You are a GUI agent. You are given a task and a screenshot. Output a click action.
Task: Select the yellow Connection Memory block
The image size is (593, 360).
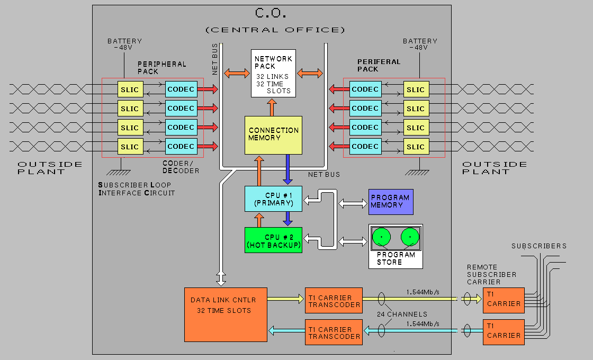[273, 134]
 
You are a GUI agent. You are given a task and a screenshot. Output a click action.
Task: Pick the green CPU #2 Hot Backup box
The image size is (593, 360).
[273, 240]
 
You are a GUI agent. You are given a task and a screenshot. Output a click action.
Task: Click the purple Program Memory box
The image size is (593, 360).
[391, 202]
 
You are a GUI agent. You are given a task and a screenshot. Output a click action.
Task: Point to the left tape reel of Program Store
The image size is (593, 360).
[381, 236]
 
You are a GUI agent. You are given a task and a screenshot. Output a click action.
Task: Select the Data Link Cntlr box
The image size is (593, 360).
[225, 314]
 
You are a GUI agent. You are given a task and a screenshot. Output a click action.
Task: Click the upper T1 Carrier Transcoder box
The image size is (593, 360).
[334, 301]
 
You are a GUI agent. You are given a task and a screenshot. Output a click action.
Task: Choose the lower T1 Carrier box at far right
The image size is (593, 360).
[504, 332]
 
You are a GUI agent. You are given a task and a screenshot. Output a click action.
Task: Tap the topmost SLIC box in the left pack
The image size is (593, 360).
[130, 89]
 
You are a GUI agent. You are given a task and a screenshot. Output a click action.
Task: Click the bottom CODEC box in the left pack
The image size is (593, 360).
[181, 147]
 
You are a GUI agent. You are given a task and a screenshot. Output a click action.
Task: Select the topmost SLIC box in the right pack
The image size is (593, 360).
[416, 89]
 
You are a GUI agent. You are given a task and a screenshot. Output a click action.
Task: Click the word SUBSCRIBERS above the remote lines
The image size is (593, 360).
[539, 246]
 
